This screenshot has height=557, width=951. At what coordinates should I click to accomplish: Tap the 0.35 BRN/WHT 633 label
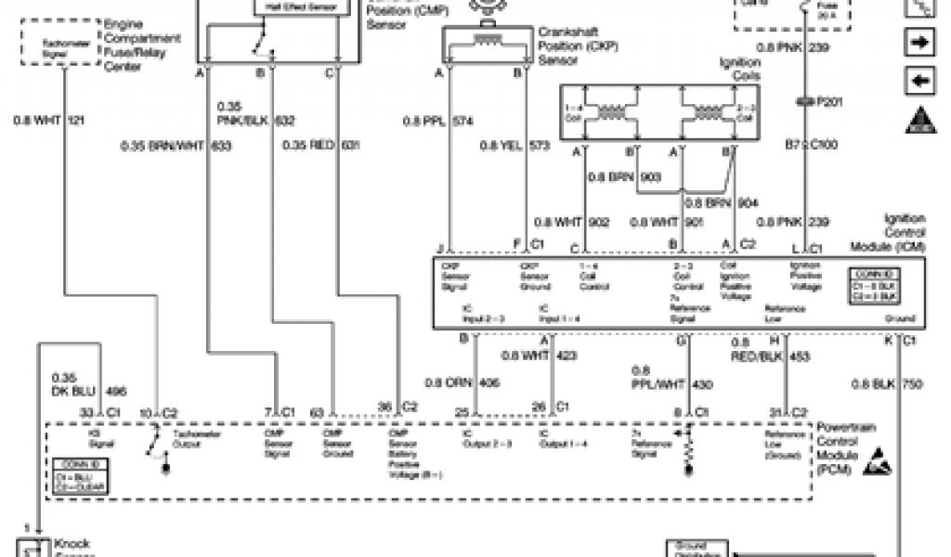176,145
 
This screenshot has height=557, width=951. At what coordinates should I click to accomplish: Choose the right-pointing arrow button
919,42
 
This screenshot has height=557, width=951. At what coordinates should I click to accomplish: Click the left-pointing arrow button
919,81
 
